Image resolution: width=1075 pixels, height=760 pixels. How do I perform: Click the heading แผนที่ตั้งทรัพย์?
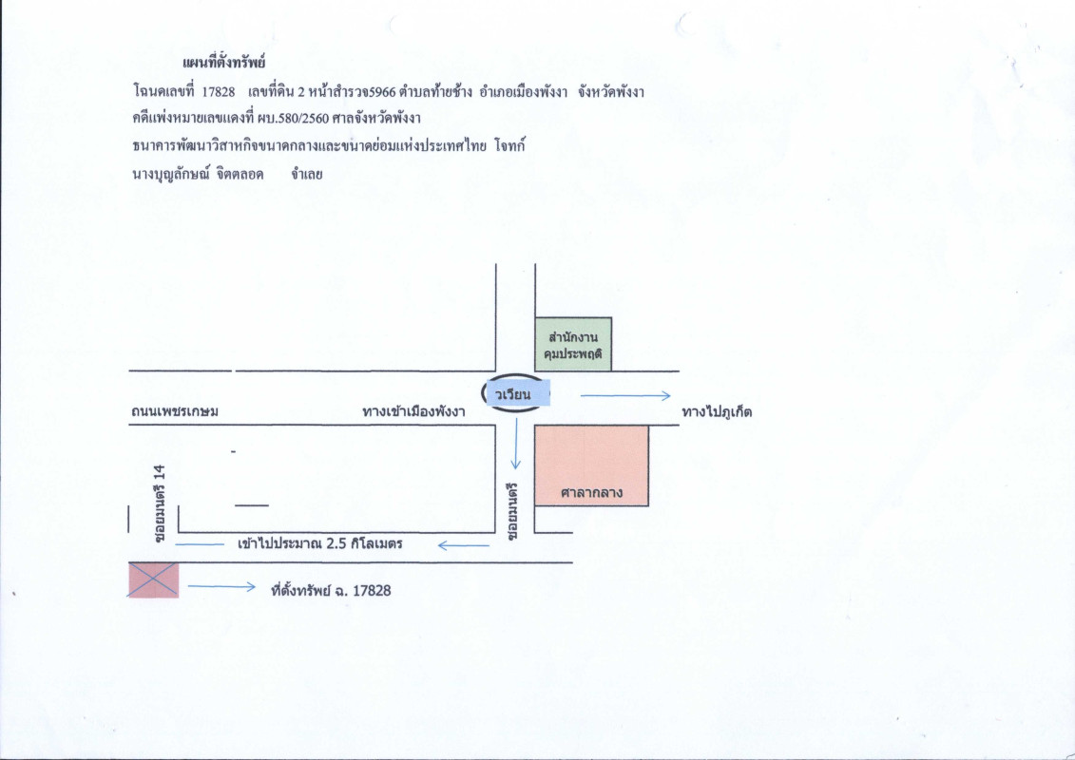[223, 64]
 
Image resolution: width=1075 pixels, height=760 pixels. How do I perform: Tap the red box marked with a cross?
[154, 580]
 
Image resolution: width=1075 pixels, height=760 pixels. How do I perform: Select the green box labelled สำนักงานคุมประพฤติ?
[572, 345]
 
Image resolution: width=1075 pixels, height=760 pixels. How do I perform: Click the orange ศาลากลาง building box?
[591, 466]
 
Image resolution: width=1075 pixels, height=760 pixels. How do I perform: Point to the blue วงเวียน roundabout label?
[518, 394]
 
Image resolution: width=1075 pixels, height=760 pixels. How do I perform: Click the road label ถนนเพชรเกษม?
[175, 412]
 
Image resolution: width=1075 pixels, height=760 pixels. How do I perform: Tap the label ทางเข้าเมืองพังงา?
[413, 412]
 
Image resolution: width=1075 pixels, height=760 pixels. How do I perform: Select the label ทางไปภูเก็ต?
[717, 412]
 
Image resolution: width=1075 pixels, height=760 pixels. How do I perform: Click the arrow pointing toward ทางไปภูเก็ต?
[625, 395]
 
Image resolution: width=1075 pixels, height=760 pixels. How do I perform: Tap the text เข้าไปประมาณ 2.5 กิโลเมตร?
[319, 544]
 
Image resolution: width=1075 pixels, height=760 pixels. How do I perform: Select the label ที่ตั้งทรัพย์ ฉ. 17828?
[331, 590]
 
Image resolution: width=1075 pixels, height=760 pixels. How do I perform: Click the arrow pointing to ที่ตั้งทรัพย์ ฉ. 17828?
[221, 586]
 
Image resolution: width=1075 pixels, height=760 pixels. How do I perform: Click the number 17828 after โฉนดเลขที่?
[219, 92]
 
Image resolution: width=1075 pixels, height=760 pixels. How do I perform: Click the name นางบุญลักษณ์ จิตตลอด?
[198, 174]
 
